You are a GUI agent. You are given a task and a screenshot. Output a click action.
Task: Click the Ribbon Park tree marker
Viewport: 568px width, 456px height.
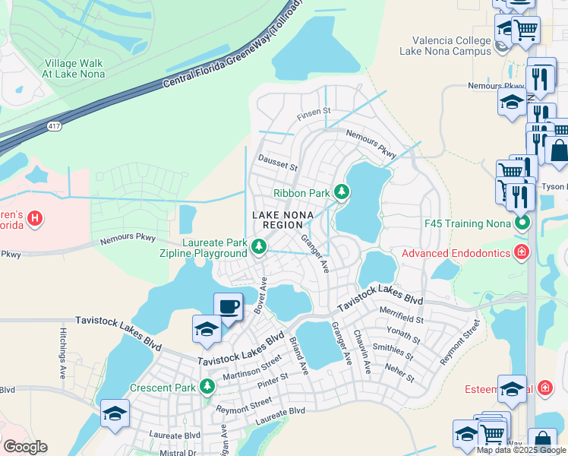(x=342, y=192)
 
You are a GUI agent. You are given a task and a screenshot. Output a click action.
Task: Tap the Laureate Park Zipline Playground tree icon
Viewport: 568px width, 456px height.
(x=259, y=246)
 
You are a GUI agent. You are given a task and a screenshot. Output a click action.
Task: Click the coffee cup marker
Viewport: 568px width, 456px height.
(x=228, y=307)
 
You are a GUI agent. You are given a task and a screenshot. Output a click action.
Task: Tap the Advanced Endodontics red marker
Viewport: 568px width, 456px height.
(x=521, y=252)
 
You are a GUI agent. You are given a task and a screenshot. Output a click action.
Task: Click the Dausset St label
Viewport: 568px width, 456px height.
(x=278, y=163)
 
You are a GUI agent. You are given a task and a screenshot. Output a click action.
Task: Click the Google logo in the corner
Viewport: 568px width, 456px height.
(x=25, y=447)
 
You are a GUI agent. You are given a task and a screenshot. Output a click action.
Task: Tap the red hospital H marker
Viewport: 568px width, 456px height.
(x=34, y=220)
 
